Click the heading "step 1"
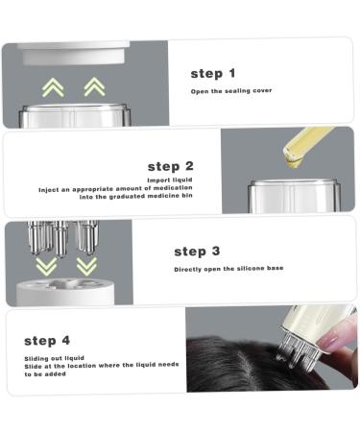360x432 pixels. (x=212, y=73)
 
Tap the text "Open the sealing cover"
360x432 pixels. (x=230, y=91)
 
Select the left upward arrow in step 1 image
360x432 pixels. (x=54, y=87)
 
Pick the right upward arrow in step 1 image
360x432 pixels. (x=94, y=87)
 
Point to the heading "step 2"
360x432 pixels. (x=171, y=165)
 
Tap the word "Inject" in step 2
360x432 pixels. (x=50, y=190)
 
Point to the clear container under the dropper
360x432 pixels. (x=289, y=196)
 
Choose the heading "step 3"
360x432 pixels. (x=197, y=252)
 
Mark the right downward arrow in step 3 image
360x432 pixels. (x=86, y=265)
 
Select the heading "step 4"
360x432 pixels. (x=47, y=340)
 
